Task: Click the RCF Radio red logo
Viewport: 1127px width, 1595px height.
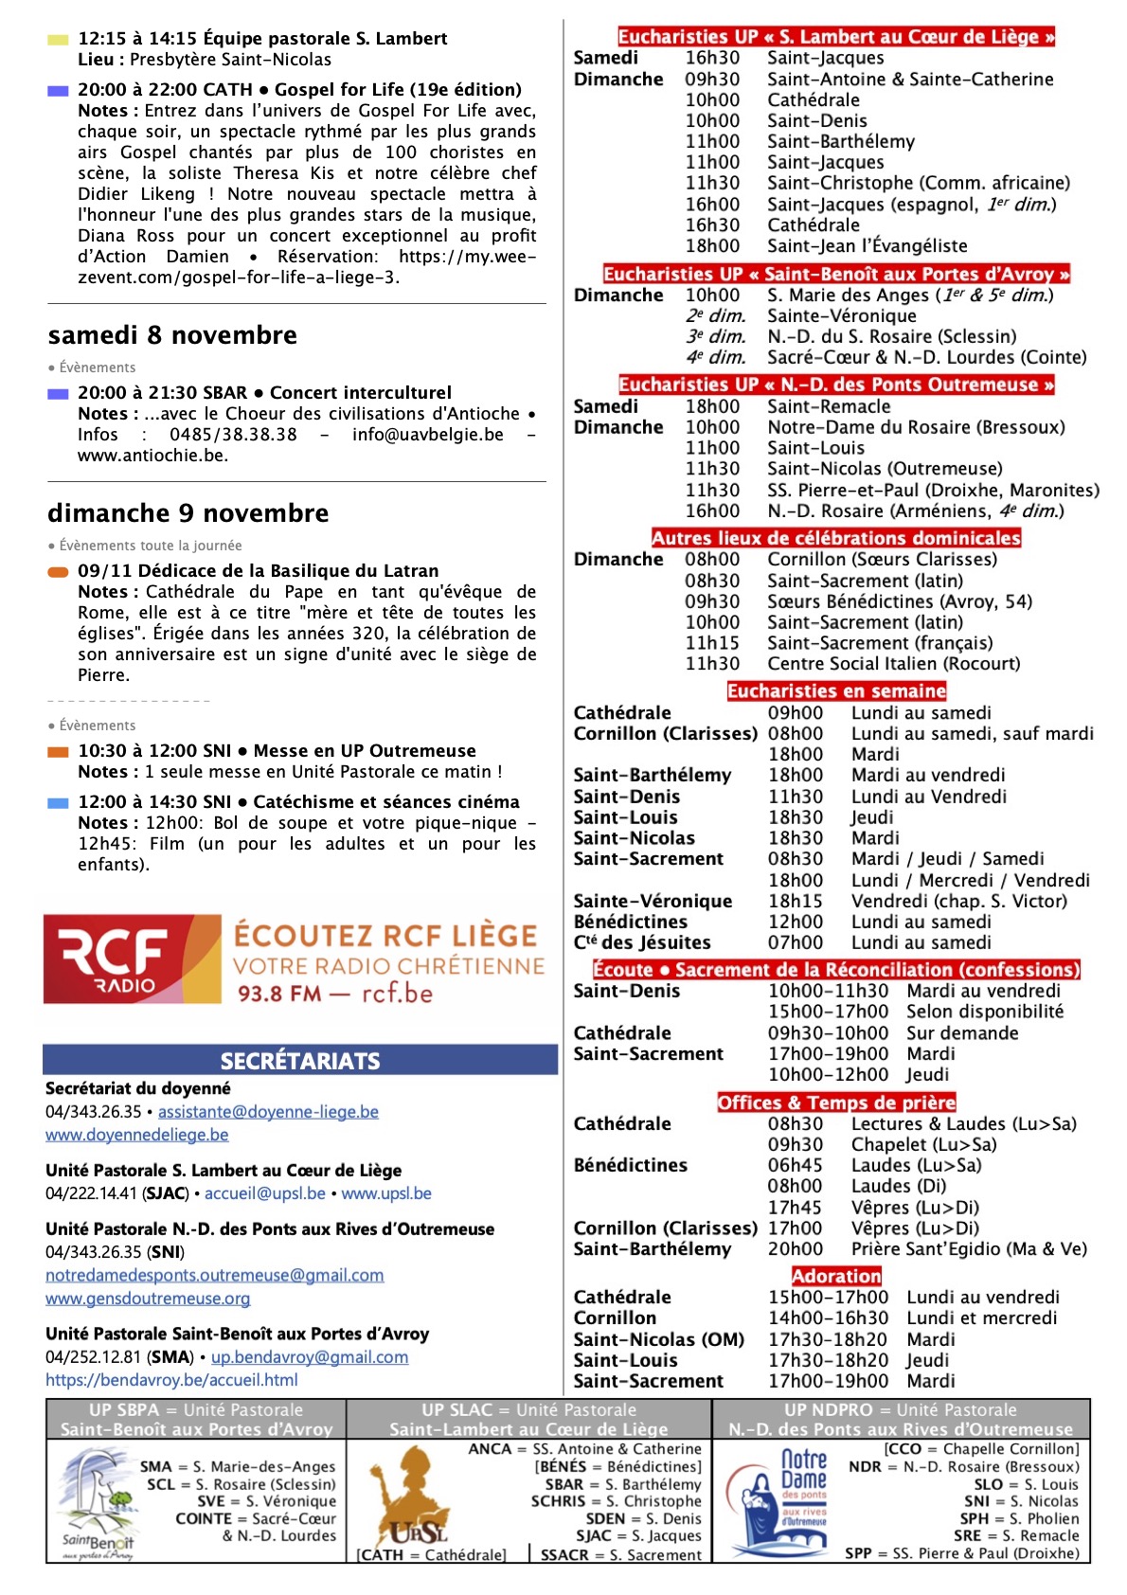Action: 131,959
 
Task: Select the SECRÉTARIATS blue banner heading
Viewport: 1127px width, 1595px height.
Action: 300,1061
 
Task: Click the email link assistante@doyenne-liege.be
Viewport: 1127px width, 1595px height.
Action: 268,1112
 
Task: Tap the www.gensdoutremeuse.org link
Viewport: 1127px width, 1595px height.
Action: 148,1299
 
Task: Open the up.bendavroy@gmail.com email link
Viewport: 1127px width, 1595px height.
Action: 310,1357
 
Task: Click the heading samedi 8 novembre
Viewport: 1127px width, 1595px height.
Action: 172,335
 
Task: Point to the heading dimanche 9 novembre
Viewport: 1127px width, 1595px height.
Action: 188,513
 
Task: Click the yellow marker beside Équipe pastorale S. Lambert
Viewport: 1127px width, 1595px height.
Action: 58,40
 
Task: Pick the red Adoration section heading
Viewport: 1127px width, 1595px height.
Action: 836,1276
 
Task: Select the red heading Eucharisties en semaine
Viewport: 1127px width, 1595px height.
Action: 836,691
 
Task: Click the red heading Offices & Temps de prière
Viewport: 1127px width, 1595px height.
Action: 836,1102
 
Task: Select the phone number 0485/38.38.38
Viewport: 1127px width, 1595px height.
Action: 233,435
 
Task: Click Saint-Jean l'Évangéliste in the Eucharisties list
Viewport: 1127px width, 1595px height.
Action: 867,246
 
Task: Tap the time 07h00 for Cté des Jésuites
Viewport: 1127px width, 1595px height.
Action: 795,942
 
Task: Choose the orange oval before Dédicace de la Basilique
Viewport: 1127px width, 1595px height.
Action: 58,572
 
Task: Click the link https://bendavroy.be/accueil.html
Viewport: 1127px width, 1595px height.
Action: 171,1380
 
